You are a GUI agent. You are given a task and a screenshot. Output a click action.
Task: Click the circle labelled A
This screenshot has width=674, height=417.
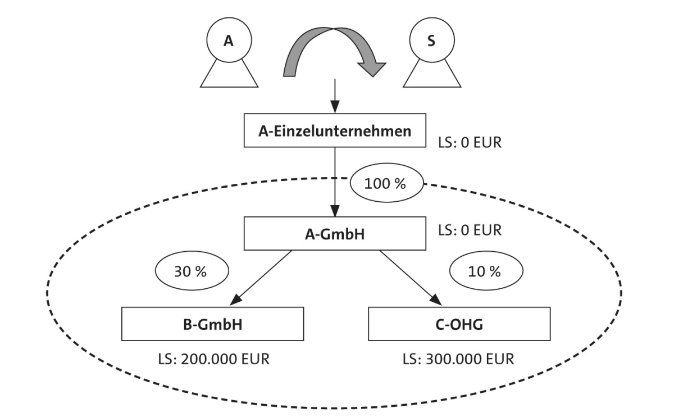click(228, 41)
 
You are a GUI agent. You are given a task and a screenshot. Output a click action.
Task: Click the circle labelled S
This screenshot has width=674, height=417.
click(431, 41)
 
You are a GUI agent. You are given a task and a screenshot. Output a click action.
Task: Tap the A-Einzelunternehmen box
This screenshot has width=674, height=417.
click(335, 132)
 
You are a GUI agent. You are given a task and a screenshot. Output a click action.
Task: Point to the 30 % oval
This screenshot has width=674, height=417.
click(192, 272)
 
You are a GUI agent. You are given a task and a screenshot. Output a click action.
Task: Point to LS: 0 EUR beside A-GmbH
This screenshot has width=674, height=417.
click(469, 230)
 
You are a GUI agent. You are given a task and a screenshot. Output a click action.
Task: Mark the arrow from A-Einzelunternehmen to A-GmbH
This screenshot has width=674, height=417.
click(335, 180)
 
